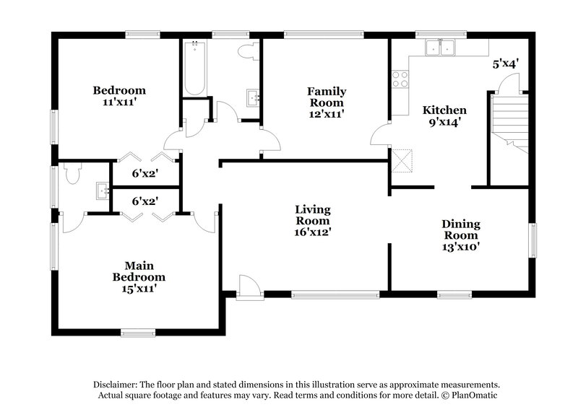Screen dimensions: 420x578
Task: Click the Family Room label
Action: coord(326,102)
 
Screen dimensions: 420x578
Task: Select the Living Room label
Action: coord(313,220)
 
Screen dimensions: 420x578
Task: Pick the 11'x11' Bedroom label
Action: coord(119,96)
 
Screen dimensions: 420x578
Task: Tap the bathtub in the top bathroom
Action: coord(194,69)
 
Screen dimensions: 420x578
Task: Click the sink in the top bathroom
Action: coord(252,97)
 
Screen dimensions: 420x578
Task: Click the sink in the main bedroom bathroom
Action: coord(100,191)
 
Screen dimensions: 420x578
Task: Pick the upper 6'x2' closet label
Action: coord(144,173)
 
